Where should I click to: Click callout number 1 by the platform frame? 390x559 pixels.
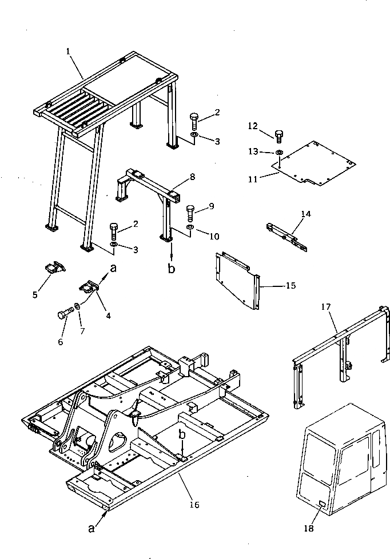click(x=68, y=51)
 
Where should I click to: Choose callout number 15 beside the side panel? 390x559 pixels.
click(x=290, y=285)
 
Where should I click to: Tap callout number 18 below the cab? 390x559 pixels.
click(x=308, y=529)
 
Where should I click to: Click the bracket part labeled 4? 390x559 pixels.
click(x=89, y=286)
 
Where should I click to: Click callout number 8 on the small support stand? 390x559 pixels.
click(x=192, y=177)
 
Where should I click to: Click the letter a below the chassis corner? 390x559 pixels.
click(x=91, y=528)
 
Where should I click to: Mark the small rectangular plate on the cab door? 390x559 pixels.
click(x=323, y=505)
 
